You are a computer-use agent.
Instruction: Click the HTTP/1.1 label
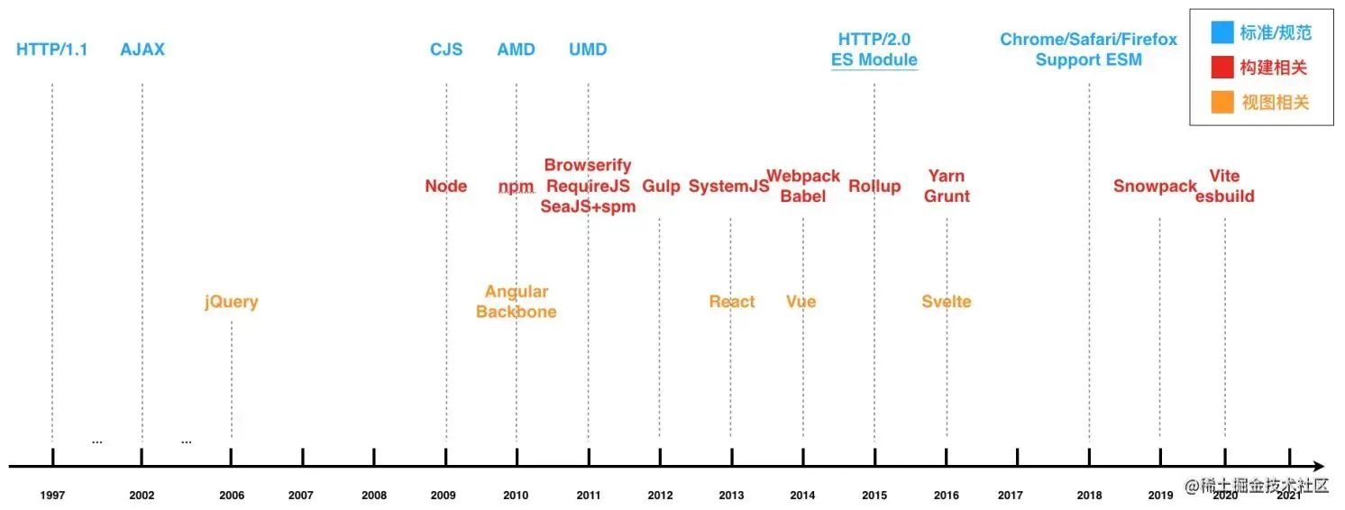pyautogui.click(x=52, y=50)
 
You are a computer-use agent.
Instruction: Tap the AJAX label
pyautogui.click(x=142, y=50)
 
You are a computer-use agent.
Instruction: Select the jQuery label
pyautogui.click(x=232, y=302)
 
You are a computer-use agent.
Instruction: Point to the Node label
pyautogui.click(x=446, y=187)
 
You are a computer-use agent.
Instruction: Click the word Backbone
pyautogui.click(x=517, y=312)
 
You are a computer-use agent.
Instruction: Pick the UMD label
pyautogui.click(x=588, y=50)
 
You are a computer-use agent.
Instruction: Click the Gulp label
pyautogui.click(x=661, y=187)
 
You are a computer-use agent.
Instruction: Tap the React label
pyautogui.click(x=731, y=302)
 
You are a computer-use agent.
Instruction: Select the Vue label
pyautogui.click(x=801, y=302)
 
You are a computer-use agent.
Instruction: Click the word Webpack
pyautogui.click(x=803, y=177)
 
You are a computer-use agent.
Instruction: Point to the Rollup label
pyautogui.click(x=874, y=187)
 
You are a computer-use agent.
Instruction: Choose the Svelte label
pyautogui.click(x=947, y=302)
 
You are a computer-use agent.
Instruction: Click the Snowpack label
pyautogui.click(x=1155, y=187)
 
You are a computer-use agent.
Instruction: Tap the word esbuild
pyautogui.click(x=1225, y=196)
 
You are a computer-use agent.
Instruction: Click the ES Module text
pyautogui.click(x=874, y=60)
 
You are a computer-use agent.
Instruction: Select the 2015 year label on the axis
pyautogui.click(x=874, y=496)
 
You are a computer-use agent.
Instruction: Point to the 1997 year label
pyautogui.click(x=52, y=496)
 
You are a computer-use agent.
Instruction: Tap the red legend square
pyautogui.click(x=1222, y=68)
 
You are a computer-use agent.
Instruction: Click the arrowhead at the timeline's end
pyautogui.click(x=1319, y=467)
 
